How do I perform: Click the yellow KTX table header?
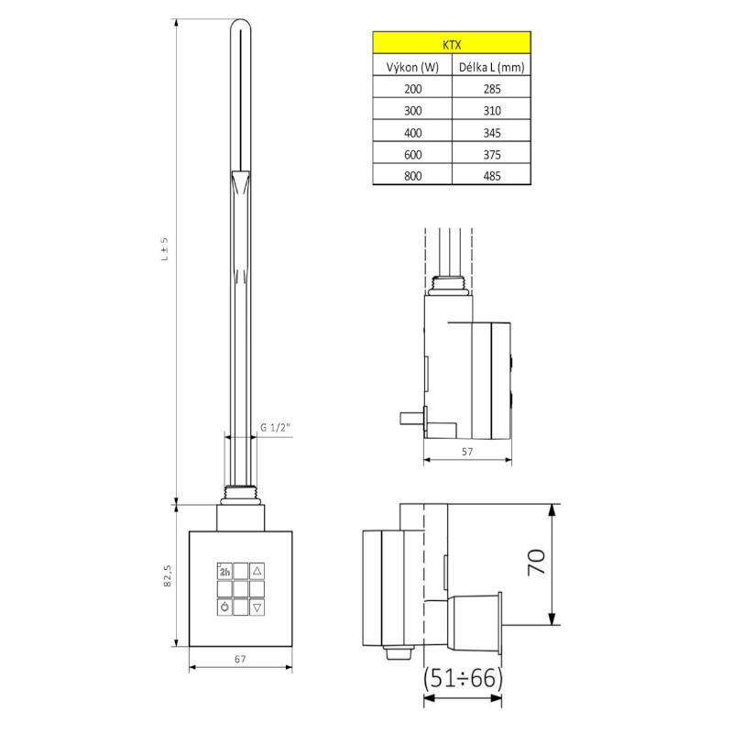click(x=453, y=42)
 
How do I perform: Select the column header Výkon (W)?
click(x=411, y=67)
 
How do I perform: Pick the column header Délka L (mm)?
click(x=492, y=67)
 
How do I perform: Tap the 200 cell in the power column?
click(x=411, y=89)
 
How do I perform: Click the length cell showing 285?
click(x=492, y=89)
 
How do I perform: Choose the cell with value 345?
click(x=492, y=132)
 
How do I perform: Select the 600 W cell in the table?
click(x=411, y=154)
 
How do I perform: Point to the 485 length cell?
click(x=492, y=175)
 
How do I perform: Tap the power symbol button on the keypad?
click(x=224, y=606)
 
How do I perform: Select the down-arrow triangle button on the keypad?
click(x=257, y=606)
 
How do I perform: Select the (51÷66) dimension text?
click(x=465, y=679)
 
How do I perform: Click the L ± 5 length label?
click(x=164, y=250)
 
